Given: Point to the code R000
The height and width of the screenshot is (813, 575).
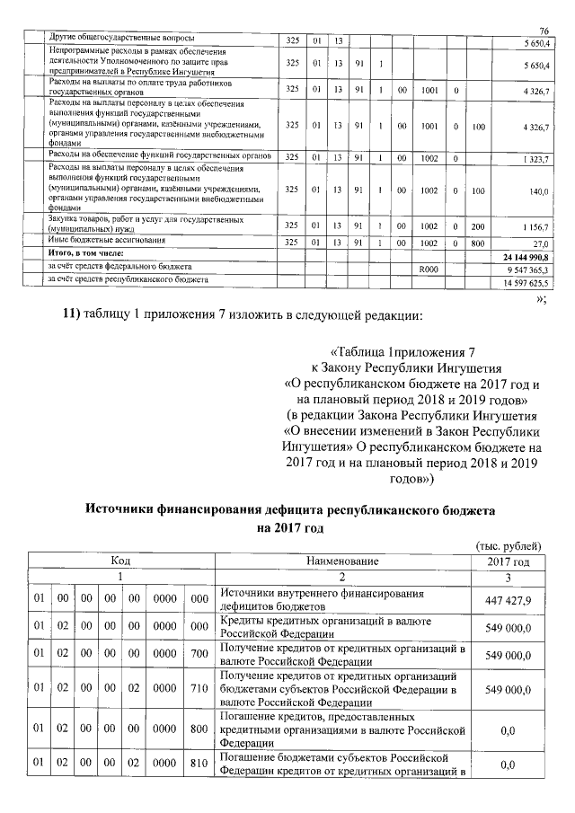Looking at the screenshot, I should pos(429,269).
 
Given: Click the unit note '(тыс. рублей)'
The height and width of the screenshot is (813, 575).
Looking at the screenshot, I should pos(508,546).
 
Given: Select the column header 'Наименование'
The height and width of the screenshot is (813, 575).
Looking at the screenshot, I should pos(342,561).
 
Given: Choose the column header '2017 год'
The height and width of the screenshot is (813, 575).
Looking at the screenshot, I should pos(508,561).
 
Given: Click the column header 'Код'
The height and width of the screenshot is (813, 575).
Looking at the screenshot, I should pos(120,561).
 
